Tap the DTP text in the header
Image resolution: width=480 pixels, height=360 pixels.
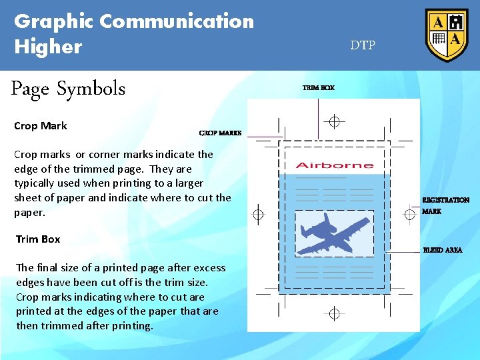click(363, 45)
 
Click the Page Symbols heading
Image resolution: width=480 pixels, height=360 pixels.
click(68, 89)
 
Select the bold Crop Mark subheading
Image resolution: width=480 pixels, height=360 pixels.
click(41, 125)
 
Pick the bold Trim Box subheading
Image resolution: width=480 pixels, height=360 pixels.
click(38, 239)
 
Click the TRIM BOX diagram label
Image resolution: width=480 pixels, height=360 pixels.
click(318, 87)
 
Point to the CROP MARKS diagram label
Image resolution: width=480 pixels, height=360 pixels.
click(220, 133)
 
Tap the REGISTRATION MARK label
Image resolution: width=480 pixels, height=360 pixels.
click(445, 205)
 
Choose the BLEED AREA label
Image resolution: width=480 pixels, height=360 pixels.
click(443, 250)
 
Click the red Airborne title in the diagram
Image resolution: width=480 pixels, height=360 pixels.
click(334, 165)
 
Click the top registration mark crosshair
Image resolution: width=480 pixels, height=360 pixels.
click(335, 121)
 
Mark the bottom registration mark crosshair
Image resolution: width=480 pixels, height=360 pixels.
click(335, 313)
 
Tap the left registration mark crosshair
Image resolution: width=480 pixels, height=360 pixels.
click(258, 215)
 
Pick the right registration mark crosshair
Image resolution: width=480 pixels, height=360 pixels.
click(410, 214)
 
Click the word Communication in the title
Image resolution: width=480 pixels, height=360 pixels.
click(177, 21)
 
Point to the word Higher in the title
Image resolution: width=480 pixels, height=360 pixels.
click(48, 47)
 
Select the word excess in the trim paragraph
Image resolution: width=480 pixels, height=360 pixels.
click(209, 268)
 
